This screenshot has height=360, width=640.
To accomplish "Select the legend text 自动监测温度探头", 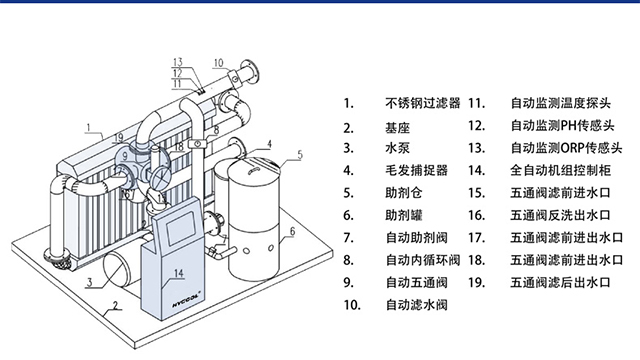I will click(x=559, y=103).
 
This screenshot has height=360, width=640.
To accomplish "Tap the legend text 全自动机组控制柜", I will click(x=559, y=171).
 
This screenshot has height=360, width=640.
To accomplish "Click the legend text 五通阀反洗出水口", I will click(x=559, y=215).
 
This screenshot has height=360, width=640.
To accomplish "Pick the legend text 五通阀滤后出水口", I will click(x=559, y=282).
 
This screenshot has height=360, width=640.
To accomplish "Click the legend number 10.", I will click(x=350, y=304).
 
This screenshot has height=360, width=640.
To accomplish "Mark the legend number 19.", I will click(x=477, y=282).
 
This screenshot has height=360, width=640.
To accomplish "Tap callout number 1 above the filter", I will click(x=88, y=127).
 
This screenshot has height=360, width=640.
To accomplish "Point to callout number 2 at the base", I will click(x=115, y=307).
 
